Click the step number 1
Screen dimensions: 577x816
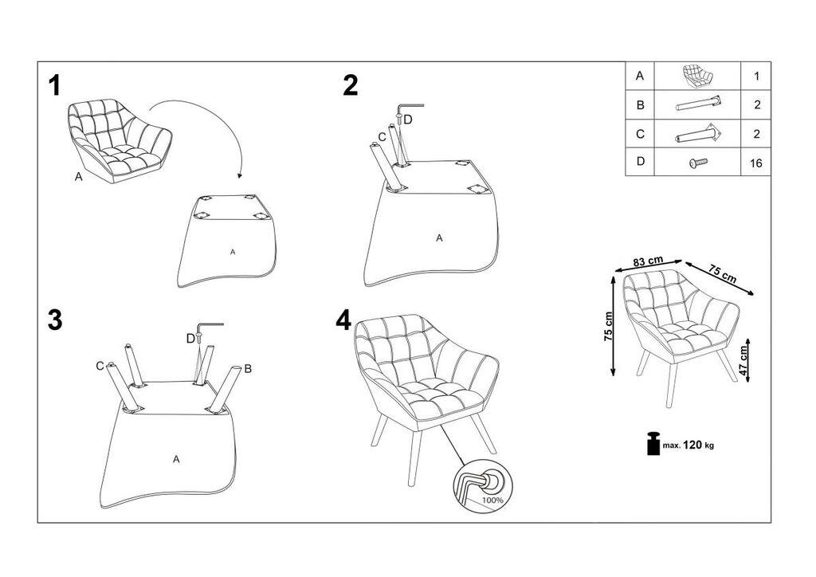(54, 85)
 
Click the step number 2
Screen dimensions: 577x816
(351, 85)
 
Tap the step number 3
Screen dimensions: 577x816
(54, 320)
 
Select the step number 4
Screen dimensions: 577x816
(343, 320)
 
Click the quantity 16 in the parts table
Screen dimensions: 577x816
(756, 163)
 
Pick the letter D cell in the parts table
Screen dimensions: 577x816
(639, 163)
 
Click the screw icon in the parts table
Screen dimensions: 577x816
(697, 163)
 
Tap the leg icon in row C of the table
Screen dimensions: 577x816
(699, 134)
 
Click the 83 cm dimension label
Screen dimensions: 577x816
(649, 261)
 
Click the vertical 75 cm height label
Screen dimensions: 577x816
(608, 325)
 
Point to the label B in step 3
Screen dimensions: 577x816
(248, 368)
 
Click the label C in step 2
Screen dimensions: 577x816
(382, 137)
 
